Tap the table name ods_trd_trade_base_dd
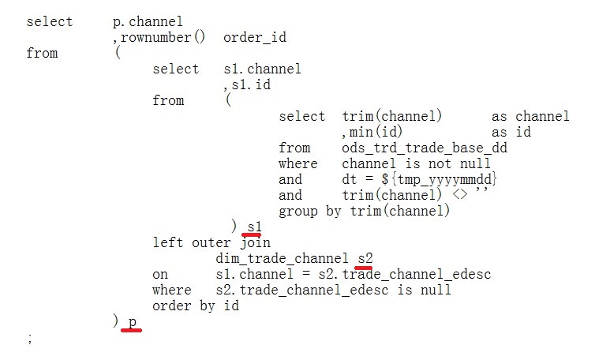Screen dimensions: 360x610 pyautogui.click(x=424, y=148)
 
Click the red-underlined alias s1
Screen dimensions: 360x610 pyautogui.click(x=253, y=227)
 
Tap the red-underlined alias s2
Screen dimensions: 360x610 pyautogui.click(x=364, y=259)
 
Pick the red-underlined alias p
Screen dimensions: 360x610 pyautogui.click(x=132, y=322)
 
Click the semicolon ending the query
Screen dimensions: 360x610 pyautogui.click(x=29, y=339)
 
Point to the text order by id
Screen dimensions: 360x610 pyautogui.click(x=196, y=306)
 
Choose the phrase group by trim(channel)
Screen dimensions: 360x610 pyautogui.click(x=364, y=212)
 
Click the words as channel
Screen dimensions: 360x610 pyautogui.click(x=530, y=117)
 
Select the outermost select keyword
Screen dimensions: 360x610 pyautogui.click(x=50, y=22)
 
